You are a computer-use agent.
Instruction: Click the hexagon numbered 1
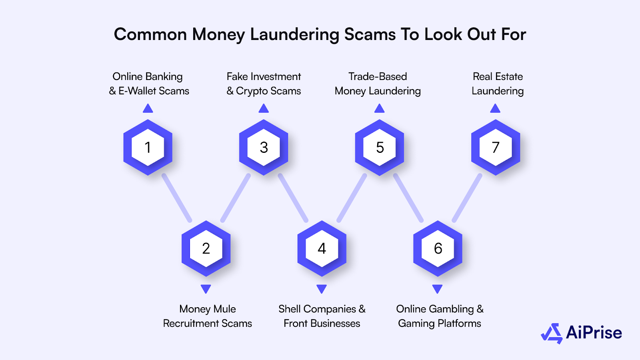pos(148,147)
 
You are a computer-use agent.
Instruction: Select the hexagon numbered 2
pos(206,248)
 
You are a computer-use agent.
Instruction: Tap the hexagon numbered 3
pos(264,147)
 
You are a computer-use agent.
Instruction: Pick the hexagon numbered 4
pos(322,248)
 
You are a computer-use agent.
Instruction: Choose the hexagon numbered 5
pos(380,147)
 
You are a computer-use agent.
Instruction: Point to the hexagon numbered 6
pos(438,248)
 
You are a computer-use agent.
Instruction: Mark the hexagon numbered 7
pos(496,147)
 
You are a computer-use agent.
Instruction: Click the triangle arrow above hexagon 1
pos(148,108)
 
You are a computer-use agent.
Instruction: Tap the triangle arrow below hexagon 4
pos(322,289)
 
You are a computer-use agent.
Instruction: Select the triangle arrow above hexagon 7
pos(495,108)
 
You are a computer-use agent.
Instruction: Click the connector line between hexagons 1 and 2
pos(177,198)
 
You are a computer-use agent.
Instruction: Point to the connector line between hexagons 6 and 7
pos(467,198)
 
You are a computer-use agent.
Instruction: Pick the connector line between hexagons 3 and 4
pos(293,198)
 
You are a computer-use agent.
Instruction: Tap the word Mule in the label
pos(224,309)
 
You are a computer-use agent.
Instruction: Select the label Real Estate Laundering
pos(498,84)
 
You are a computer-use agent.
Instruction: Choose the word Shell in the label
pos(290,309)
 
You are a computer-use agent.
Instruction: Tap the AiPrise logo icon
pos(552,333)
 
